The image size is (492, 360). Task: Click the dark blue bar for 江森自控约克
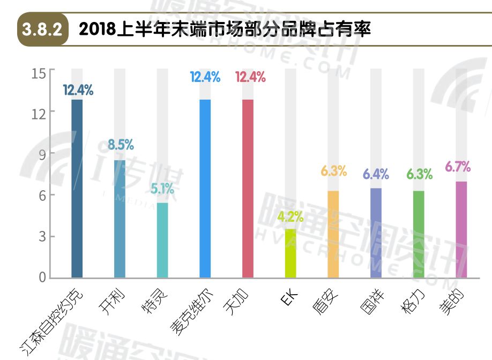coord(77,189)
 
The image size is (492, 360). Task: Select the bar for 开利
coord(120,219)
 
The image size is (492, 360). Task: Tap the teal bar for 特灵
coord(162,240)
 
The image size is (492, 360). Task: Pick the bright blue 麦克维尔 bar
coord(205,189)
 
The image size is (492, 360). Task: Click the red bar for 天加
coord(248,189)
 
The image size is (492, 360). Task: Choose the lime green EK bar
coord(290,253)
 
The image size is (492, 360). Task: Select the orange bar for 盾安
coord(333,234)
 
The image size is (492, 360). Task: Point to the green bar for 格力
coord(419,234)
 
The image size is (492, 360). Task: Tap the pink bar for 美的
coord(461,229)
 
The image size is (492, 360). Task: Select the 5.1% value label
coord(162,189)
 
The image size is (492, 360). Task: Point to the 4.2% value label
coord(290,217)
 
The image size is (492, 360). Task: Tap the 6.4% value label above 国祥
coord(375,174)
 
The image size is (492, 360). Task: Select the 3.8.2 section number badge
coord(43,28)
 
